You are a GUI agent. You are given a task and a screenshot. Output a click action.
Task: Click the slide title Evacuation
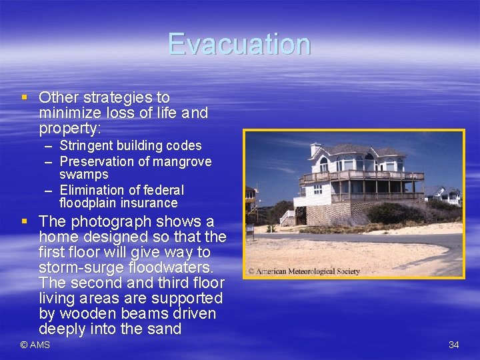(239, 44)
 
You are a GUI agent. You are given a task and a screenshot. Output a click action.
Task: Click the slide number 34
(454, 345)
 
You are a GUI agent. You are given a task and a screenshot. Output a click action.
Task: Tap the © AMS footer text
(35, 345)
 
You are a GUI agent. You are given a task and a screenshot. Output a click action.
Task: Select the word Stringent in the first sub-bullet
(86, 145)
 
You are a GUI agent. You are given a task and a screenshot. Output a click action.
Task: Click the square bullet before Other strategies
(25, 97)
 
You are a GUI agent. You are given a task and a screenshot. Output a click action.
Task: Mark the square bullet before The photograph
(25, 221)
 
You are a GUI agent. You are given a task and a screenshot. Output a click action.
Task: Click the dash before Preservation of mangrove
(49, 162)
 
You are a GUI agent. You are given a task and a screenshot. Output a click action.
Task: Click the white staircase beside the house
(287, 217)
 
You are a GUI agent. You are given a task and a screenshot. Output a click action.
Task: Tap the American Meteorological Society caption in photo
(304, 271)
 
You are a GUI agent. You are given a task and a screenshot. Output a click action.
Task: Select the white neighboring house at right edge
(451, 195)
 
